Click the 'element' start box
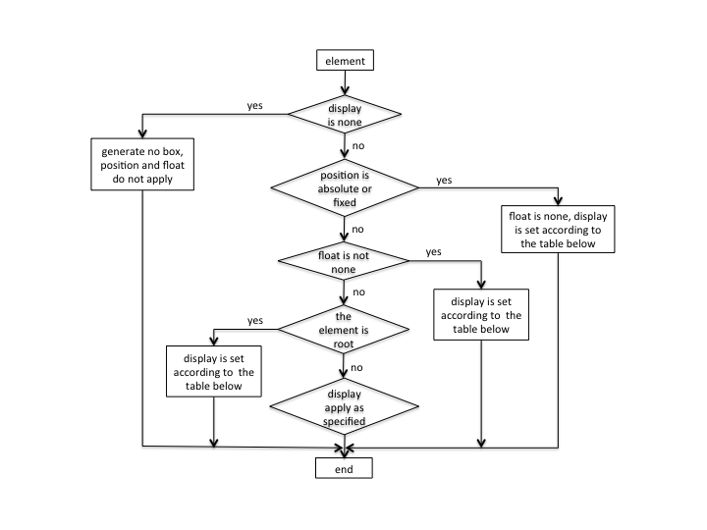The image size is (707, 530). click(x=344, y=61)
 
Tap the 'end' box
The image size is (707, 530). click(x=344, y=468)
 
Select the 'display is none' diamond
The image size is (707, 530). click(x=344, y=115)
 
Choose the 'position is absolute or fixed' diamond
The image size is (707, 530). click(x=343, y=189)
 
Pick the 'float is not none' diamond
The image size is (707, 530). click(x=343, y=260)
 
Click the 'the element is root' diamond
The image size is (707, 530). click(x=343, y=330)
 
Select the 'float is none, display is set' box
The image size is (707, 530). click(x=558, y=229)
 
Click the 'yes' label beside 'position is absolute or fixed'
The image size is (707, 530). click(x=443, y=181)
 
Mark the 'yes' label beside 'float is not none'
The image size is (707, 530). click(x=433, y=252)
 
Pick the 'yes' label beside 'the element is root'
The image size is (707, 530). click(x=254, y=320)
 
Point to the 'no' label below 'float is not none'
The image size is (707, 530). click(x=358, y=291)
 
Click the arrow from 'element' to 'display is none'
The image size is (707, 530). click(x=344, y=82)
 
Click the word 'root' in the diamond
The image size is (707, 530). click(x=343, y=344)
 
